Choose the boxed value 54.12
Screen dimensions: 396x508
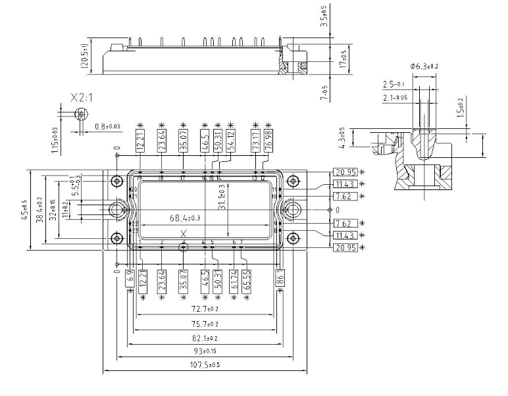pyautogui.click(x=230, y=140)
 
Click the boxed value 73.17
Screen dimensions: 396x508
pyautogui.click(x=255, y=140)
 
